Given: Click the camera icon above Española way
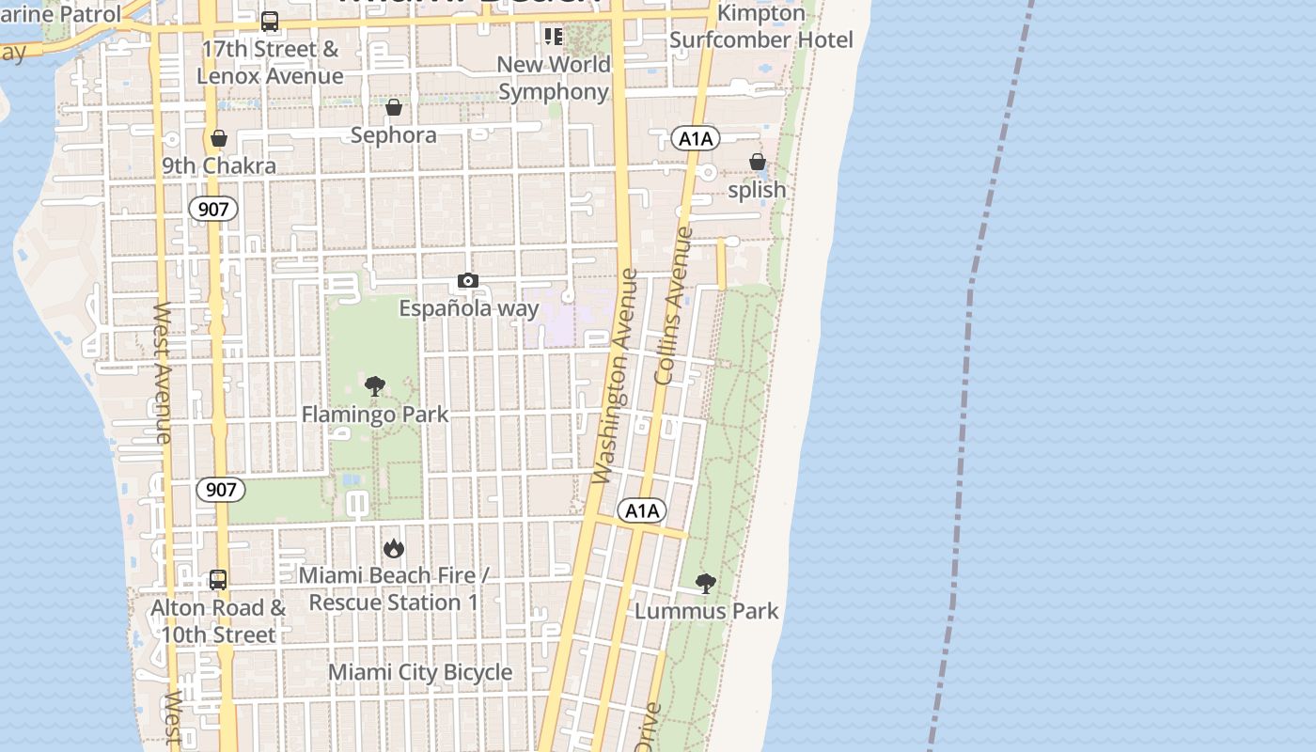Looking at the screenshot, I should (x=467, y=280).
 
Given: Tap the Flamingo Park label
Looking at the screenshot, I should (x=374, y=415).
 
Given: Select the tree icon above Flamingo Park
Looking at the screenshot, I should (x=374, y=385).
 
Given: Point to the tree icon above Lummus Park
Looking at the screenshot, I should (x=705, y=584).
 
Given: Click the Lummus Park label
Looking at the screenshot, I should (x=706, y=611).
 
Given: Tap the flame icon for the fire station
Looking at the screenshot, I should (x=393, y=547).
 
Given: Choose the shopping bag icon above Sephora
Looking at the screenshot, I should (x=394, y=108).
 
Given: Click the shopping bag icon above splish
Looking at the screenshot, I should (x=757, y=163).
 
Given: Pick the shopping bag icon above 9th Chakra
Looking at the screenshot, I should (x=219, y=139).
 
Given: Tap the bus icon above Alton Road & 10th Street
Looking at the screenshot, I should (x=218, y=580).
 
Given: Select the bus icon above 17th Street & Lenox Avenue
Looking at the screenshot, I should (x=270, y=22).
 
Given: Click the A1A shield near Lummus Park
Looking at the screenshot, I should (x=642, y=510).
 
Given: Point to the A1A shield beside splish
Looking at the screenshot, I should (x=696, y=139).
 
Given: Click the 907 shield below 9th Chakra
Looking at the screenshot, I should (x=213, y=209).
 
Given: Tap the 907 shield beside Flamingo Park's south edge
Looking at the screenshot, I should (x=221, y=489).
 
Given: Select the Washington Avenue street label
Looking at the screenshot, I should (x=617, y=376).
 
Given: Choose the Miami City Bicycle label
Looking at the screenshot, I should (x=420, y=672).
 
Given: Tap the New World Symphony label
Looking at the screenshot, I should (x=554, y=78).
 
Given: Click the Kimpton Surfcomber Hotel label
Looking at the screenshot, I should (x=761, y=26).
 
